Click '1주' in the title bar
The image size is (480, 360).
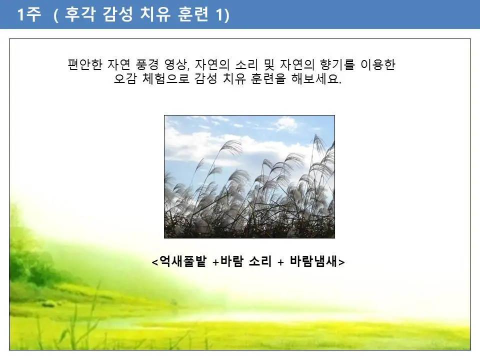pyautogui.click(x=28, y=15)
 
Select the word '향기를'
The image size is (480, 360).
pyautogui.click(x=336, y=65)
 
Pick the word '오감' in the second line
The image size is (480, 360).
pyautogui.click(x=125, y=79)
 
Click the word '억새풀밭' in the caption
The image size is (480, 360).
pyautogui.click(x=182, y=261)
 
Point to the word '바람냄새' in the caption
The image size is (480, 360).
pyautogui.click(x=313, y=261)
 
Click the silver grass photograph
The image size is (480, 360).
pyautogui.click(x=249, y=176)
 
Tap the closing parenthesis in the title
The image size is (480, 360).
pyautogui.click(x=227, y=15)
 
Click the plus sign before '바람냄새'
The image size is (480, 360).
pyautogui.click(x=280, y=262)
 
